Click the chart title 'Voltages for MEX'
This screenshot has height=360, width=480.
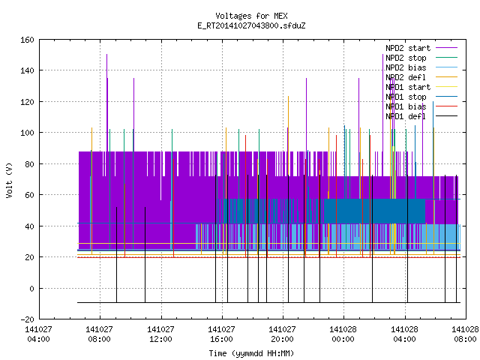[x=251, y=16]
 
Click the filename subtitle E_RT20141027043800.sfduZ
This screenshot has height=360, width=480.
[x=251, y=25]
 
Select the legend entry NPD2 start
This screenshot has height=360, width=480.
[x=421, y=48]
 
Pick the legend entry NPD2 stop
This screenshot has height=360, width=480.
[x=421, y=58]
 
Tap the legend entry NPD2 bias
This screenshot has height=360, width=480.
[x=421, y=67]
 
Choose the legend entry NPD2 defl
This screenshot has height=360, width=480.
[x=421, y=77]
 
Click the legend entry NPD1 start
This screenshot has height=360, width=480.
[x=421, y=87]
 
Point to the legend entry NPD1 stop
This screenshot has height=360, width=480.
[x=421, y=97]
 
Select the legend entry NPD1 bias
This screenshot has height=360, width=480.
[x=421, y=106]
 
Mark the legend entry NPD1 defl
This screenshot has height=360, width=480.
[x=421, y=116]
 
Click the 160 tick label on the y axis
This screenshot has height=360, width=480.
[x=27, y=40]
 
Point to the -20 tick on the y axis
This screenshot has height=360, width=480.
[x=27, y=319]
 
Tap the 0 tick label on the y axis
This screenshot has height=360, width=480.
[x=31, y=288]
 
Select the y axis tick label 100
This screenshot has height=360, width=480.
[x=27, y=133]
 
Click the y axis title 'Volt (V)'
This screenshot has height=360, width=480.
[x=9, y=180]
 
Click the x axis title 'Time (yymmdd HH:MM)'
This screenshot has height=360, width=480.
[x=251, y=353]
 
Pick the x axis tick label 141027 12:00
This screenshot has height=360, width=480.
[x=160, y=334]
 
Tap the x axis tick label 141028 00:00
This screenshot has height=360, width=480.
[x=343, y=334]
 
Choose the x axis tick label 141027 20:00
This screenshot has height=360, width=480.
[x=282, y=334]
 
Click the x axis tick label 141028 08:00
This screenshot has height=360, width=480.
[x=465, y=334]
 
